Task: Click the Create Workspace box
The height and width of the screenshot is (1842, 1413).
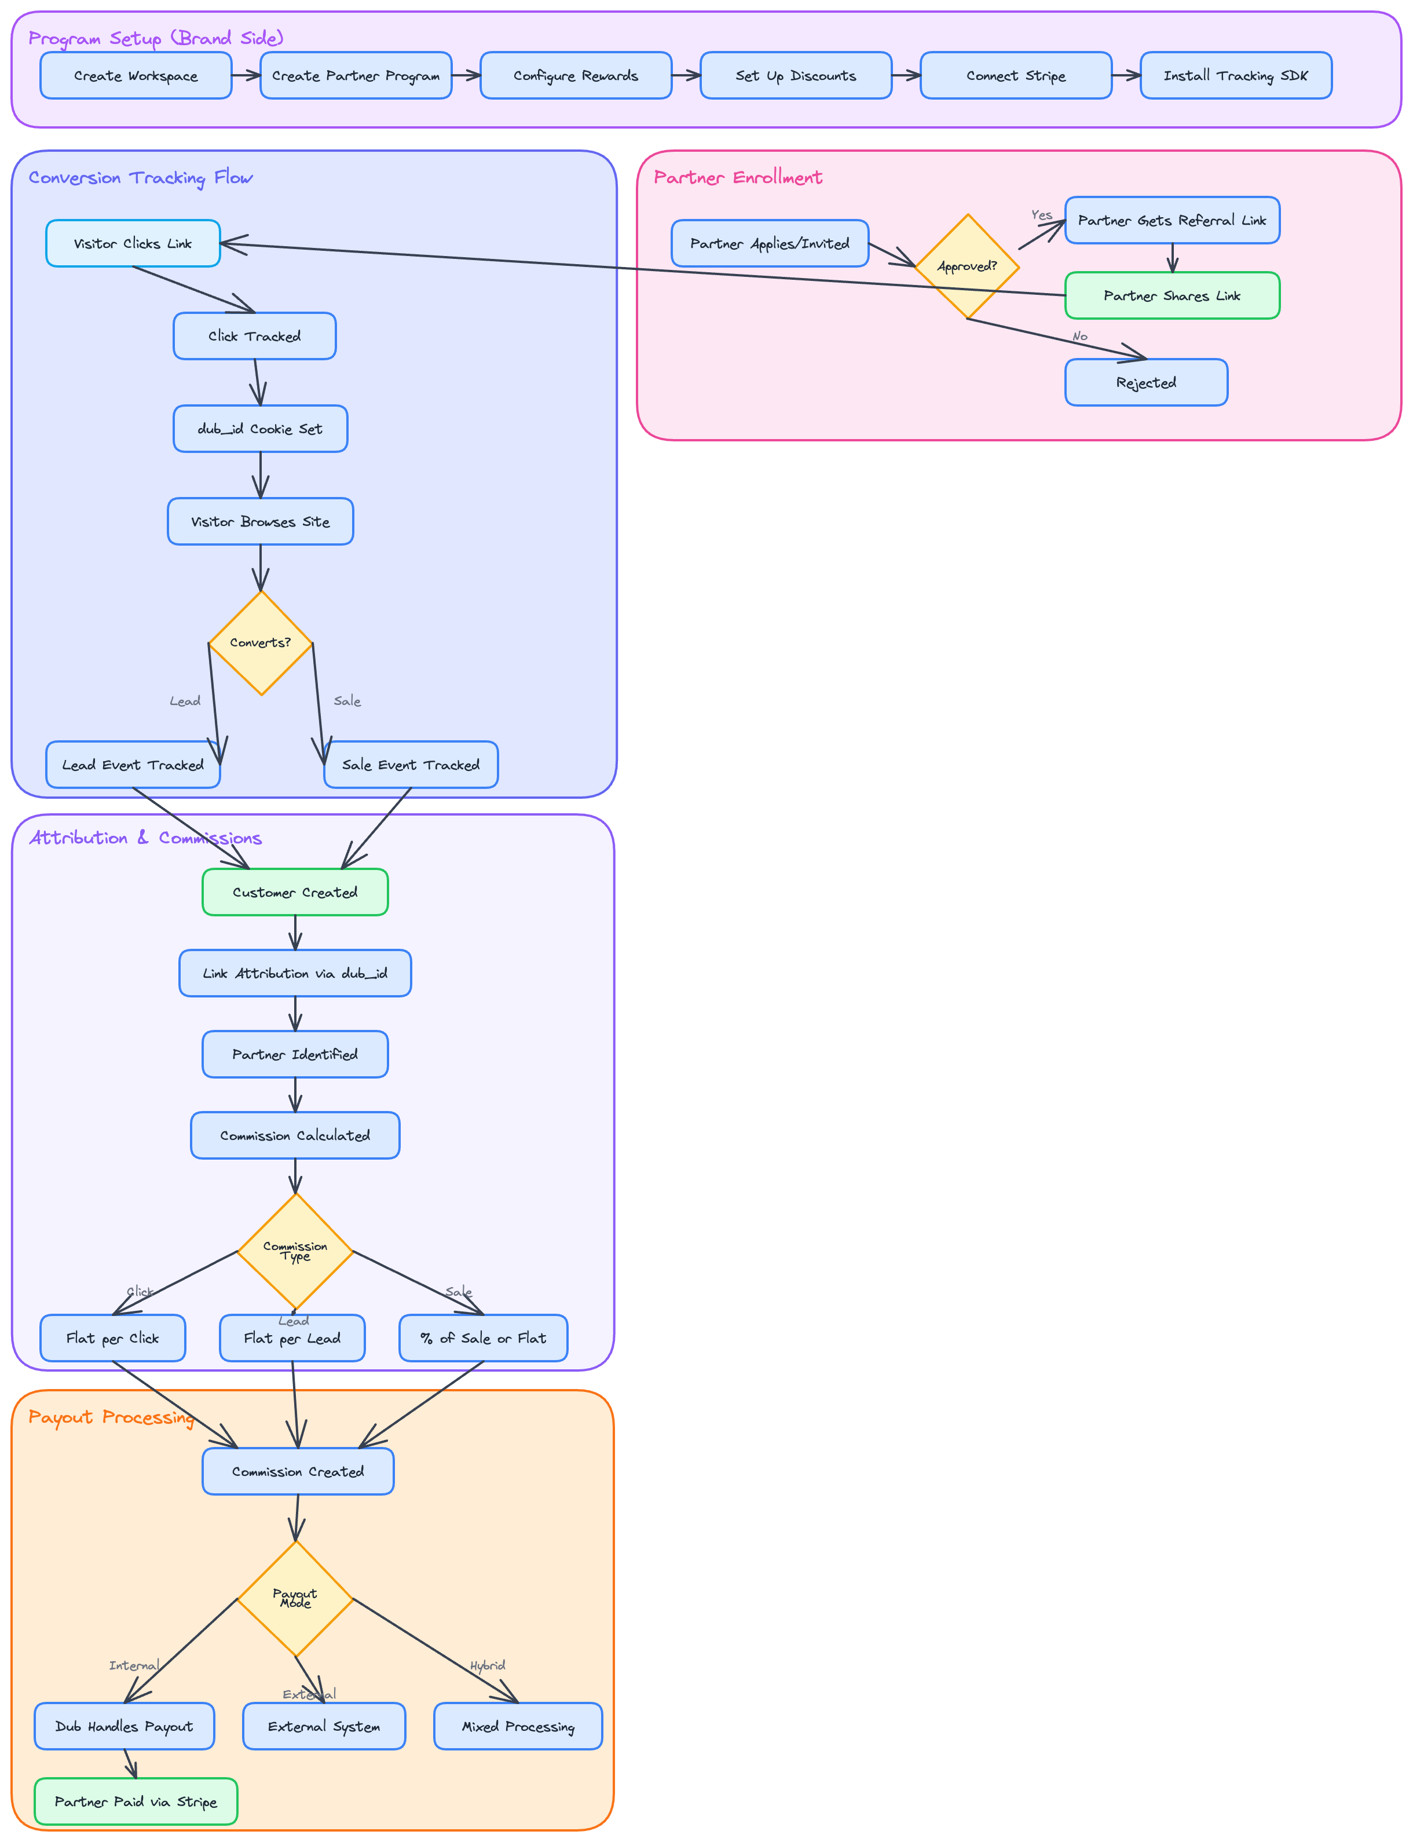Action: pyautogui.click(x=136, y=76)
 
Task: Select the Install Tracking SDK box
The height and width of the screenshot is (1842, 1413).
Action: pyautogui.click(x=1236, y=76)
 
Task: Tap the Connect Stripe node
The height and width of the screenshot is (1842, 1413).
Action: pyautogui.click(x=1015, y=76)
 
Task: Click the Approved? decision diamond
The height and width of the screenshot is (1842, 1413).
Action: pyautogui.click(x=967, y=266)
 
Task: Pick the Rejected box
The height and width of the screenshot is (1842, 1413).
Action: pyautogui.click(x=1145, y=383)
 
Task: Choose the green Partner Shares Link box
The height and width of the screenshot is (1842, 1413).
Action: pyautogui.click(x=1172, y=296)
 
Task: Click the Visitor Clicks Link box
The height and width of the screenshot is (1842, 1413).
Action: pyautogui.click(x=133, y=244)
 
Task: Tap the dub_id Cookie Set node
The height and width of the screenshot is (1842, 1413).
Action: pyautogui.click(x=260, y=429)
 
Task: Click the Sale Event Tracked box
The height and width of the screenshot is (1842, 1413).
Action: pyautogui.click(x=411, y=765)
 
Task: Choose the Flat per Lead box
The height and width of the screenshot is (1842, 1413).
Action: pyautogui.click(x=292, y=1338)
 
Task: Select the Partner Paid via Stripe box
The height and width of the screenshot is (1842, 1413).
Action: pyautogui.click(x=136, y=1801)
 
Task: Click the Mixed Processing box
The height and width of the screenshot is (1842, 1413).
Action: pyautogui.click(x=518, y=1727)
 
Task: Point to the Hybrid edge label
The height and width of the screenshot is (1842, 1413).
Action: pyautogui.click(x=488, y=1665)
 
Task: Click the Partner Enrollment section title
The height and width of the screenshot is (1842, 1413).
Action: pyautogui.click(x=738, y=177)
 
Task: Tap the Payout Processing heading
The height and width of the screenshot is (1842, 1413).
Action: pyautogui.click(x=111, y=1417)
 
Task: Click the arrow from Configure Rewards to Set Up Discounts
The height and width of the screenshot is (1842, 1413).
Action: pyautogui.click(x=686, y=76)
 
